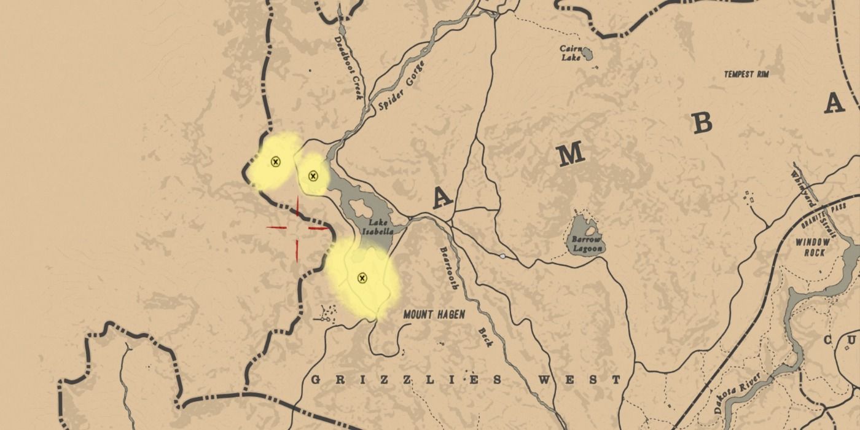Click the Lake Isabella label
pyautogui.click(x=378, y=227)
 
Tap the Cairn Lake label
pyautogui.click(x=570, y=53)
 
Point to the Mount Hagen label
pyautogui.click(x=434, y=315)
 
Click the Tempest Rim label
pyautogui.click(x=746, y=74)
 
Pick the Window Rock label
pyautogui.click(x=813, y=247)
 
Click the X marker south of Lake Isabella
pyautogui.click(x=362, y=278)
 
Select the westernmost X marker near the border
pyautogui.click(x=276, y=162)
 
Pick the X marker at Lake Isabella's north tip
pyautogui.click(x=313, y=176)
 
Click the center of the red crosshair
pyautogui.click(x=297, y=228)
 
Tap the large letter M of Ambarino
pyautogui.click(x=571, y=154)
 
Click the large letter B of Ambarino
pyautogui.click(x=701, y=123)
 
